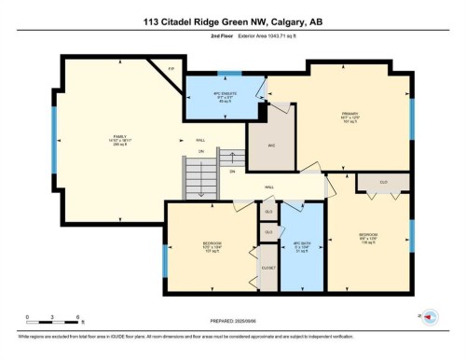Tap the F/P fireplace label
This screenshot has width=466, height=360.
pos(171,70)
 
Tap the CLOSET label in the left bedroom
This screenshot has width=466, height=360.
pos(268,268)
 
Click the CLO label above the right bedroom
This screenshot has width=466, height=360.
pos(384,182)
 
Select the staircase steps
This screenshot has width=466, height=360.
pos(199,175)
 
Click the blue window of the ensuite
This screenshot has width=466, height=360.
pos(229,72)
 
